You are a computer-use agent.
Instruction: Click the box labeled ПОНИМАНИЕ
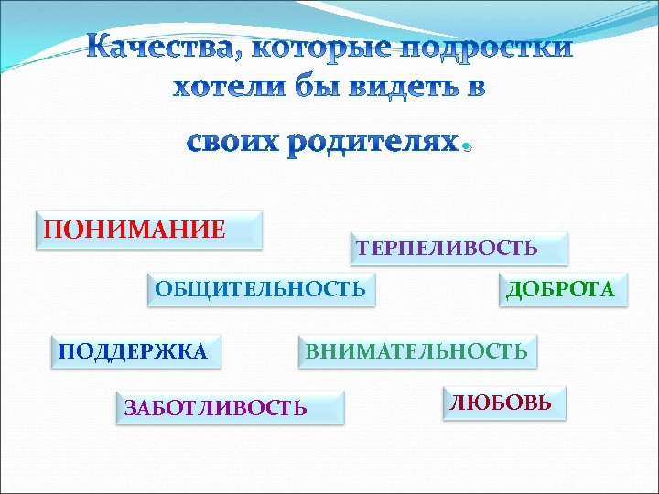click(148, 230)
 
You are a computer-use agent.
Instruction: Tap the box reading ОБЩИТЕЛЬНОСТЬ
click(261, 290)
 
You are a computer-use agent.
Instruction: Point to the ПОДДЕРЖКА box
click(134, 350)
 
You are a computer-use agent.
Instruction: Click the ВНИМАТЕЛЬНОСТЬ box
click(417, 350)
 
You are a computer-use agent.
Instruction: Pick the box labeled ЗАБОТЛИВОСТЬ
click(230, 407)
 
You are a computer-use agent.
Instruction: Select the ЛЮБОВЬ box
click(503, 403)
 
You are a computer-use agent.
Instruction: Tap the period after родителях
click(467, 148)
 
